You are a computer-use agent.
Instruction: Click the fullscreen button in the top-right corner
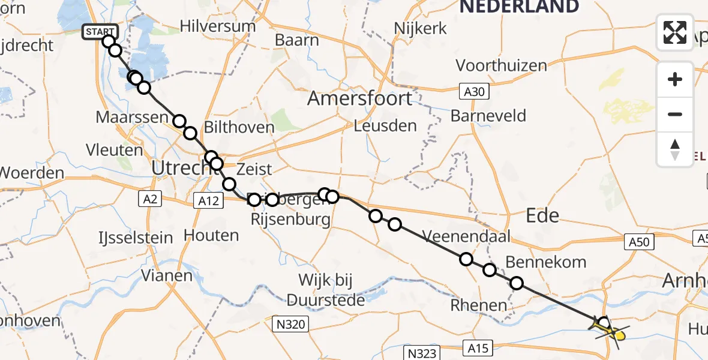point(675,32)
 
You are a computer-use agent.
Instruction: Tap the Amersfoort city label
point(360,98)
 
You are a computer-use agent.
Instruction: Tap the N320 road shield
point(290,325)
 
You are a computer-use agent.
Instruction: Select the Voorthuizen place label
point(502,65)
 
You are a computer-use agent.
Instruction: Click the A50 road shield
point(640,242)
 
